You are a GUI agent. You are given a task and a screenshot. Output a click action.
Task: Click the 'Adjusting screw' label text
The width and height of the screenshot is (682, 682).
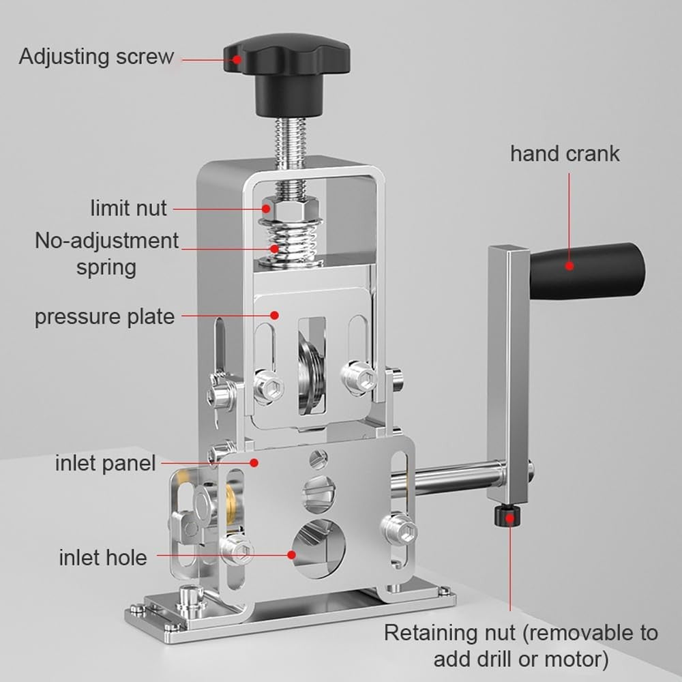[x=96, y=56]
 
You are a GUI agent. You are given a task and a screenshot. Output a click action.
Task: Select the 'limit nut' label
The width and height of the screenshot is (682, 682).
[x=128, y=207]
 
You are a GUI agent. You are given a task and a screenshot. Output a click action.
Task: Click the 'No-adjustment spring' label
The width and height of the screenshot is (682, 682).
[x=106, y=253]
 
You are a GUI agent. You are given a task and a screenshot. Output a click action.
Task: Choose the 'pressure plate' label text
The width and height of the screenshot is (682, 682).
[x=104, y=316]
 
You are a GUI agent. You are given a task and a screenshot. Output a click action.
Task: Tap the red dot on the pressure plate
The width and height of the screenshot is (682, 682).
[x=274, y=315]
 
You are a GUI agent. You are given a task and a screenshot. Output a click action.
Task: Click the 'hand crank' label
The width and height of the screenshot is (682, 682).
[x=565, y=153]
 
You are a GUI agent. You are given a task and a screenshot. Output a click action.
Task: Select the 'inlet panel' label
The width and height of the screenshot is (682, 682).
[x=105, y=464]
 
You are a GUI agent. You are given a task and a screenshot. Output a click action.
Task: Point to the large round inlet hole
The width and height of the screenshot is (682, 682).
[x=318, y=546]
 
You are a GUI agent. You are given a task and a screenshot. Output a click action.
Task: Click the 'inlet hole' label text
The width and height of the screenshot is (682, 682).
[x=102, y=557]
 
